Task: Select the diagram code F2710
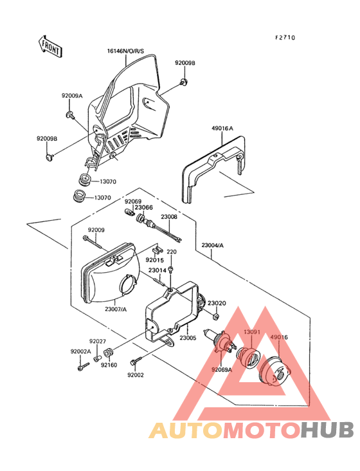pyautogui.click(x=285, y=38)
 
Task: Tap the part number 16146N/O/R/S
pyautogui.click(x=125, y=51)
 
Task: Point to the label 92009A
pyautogui.click(x=72, y=95)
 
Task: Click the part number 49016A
pyautogui.click(x=222, y=129)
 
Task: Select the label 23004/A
pyautogui.click(x=212, y=245)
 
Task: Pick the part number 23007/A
pyautogui.click(x=116, y=309)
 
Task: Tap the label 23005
pyautogui.click(x=188, y=337)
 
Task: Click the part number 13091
pyautogui.click(x=251, y=332)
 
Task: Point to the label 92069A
pyautogui.click(x=222, y=370)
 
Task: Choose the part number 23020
pyautogui.click(x=216, y=303)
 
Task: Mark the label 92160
pyautogui.click(x=109, y=364)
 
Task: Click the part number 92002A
pyautogui.click(x=80, y=351)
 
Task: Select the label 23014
pyautogui.click(x=157, y=271)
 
